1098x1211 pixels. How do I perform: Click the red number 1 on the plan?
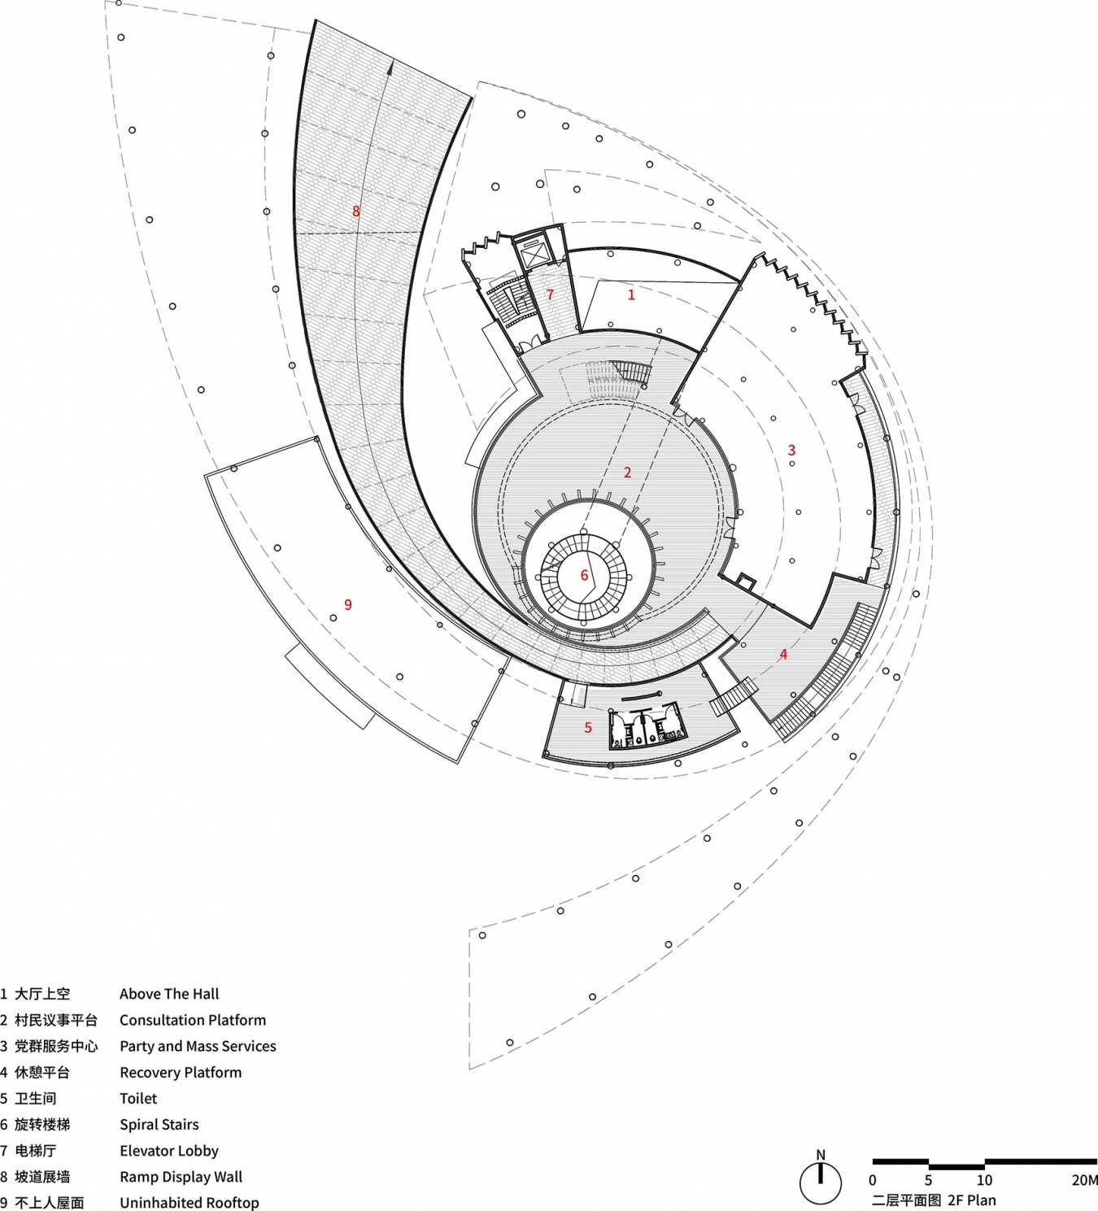pyautogui.click(x=631, y=294)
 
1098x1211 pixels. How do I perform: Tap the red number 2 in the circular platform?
pyautogui.click(x=628, y=472)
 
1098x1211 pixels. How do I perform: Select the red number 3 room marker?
pyautogui.click(x=792, y=450)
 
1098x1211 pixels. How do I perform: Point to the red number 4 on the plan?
pyautogui.click(x=783, y=654)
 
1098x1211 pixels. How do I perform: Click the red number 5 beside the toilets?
pyautogui.click(x=588, y=727)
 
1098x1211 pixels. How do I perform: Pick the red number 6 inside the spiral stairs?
pyautogui.click(x=584, y=575)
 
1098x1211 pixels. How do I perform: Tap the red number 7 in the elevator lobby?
pyautogui.click(x=550, y=294)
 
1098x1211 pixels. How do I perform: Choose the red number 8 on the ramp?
pyautogui.click(x=356, y=211)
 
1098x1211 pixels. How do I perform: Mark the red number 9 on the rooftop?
pyautogui.click(x=348, y=604)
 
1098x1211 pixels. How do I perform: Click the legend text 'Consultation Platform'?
pyautogui.click(x=193, y=1020)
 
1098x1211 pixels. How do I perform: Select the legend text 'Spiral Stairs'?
pyautogui.click(x=159, y=1125)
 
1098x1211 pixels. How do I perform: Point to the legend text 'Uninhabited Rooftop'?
pyautogui.click(x=189, y=1203)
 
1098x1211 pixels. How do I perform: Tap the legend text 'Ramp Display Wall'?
pyautogui.click(x=181, y=1177)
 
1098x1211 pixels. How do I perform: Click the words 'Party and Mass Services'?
pyautogui.click(x=198, y=1046)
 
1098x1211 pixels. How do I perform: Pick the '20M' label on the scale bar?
pyautogui.click(x=1085, y=1180)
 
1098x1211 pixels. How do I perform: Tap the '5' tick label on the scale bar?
pyautogui.click(x=928, y=1180)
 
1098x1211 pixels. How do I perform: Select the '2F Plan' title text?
pyautogui.click(x=972, y=1200)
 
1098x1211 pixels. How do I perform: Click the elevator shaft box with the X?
pyautogui.click(x=532, y=255)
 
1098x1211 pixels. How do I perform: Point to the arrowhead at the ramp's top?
pyautogui.click(x=390, y=68)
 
